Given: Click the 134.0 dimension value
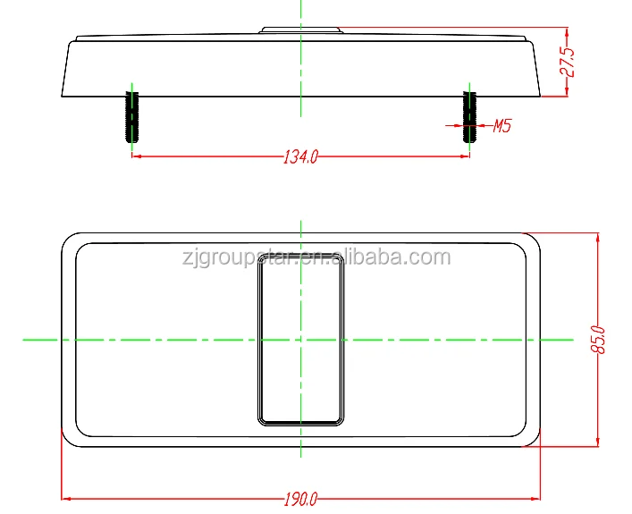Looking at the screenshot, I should (300, 157).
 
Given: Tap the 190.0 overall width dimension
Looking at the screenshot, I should (300, 499).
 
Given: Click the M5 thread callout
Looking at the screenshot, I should (501, 126).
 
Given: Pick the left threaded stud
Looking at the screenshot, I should (132, 116).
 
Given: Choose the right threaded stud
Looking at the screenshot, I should (468, 116).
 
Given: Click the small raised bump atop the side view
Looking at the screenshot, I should (301, 30).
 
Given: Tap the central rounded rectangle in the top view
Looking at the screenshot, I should (301, 338).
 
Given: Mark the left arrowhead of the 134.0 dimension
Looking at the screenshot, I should (137, 156).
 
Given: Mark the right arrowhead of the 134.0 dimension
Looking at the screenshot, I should (465, 156).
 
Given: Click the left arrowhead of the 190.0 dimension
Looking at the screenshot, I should (65, 498).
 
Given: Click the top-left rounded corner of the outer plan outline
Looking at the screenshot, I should (66, 238).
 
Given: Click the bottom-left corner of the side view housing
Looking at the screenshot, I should (61, 96).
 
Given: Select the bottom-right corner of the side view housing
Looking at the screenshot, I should (542, 96).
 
